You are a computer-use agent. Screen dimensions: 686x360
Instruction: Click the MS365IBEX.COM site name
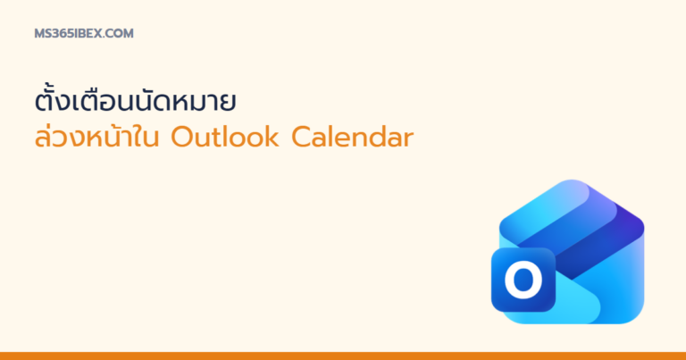(x=84, y=34)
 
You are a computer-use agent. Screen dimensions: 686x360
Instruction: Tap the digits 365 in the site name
(x=59, y=34)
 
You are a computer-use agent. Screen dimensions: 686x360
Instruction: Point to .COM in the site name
(x=118, y=34)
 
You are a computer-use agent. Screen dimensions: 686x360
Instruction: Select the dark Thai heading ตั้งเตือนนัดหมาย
(x=136, y=100)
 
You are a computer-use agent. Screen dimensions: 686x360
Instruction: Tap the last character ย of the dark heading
(x=229, y=103)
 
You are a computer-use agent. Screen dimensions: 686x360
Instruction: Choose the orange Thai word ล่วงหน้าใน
(x=96, y=137)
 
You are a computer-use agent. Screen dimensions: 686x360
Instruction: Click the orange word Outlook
(x=225, y=138)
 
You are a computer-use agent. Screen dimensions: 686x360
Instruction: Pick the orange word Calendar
(x=352, y=138)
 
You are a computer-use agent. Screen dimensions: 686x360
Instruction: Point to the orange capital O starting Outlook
(x=182, y=138)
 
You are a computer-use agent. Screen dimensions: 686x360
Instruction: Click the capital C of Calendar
(x=301, y=138)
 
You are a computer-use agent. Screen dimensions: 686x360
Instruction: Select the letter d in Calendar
(x=378, y=138)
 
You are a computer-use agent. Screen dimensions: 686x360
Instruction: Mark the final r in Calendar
(x=408, y=140)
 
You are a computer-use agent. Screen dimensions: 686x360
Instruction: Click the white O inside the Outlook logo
(x=523, y=279)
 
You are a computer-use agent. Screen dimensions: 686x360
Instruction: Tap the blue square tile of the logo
(x=523, y=280)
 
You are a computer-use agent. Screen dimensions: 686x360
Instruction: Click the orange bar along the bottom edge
(x=343, y=356)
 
